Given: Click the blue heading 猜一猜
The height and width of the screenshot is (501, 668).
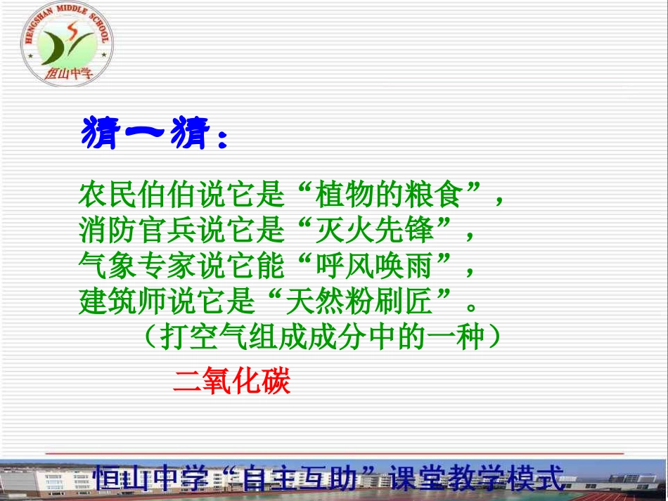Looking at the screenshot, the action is tap(146, 132).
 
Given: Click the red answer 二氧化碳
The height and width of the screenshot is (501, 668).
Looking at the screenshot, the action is tap(232, 381).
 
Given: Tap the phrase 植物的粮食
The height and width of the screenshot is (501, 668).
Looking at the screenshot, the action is tap(388, 194).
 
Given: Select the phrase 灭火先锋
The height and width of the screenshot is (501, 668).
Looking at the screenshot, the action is tap(374, 230).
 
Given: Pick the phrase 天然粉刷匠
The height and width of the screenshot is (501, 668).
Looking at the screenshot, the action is tap(359, 301).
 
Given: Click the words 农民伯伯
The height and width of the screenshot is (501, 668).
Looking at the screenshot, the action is tap(137, 194).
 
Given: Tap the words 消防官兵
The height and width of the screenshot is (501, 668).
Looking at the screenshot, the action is tap(137, 230).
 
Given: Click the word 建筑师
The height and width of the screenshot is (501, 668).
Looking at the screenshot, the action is tap(122, 301).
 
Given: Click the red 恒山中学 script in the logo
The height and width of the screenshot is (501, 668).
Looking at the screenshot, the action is tap(69, 73).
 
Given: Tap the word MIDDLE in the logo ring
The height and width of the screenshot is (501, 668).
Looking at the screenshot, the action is tap(72, 9).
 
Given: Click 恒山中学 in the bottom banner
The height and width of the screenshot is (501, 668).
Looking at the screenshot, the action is tap(151, 478).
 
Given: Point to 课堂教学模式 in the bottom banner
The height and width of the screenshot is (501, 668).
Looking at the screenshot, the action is tap(477, 478).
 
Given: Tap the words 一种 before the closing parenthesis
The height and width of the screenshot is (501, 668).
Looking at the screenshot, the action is tap(456, 337).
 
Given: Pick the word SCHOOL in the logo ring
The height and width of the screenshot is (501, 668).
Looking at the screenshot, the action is tap(100, 27).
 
